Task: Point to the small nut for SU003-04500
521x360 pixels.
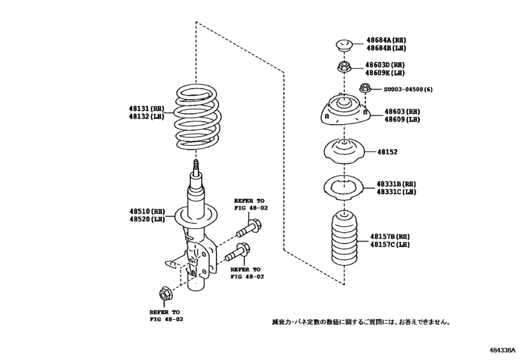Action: [x=364, y=89]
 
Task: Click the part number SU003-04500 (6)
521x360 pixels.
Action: [x=409, y=89]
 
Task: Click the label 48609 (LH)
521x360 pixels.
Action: [x=402, y=120]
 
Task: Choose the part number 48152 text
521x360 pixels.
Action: [x=389, y=152]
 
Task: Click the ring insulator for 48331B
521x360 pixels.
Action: [x=344, y=187]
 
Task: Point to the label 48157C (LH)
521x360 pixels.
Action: [x=390, y=245]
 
